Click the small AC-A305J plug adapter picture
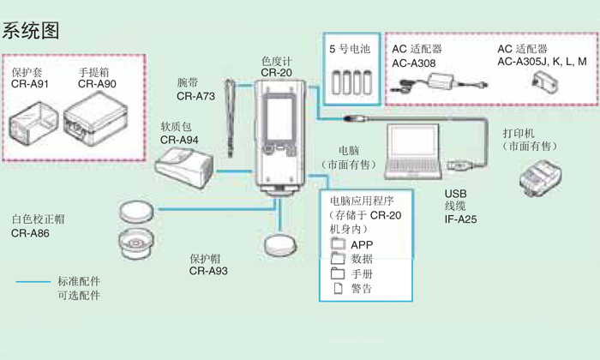[x=543, y=82]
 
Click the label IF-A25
[x=461, y=219]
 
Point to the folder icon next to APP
[x=337, y=245]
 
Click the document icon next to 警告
[x=337, y=288]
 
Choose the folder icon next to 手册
[x=337, y=273]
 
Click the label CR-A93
[x=208, y=271]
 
